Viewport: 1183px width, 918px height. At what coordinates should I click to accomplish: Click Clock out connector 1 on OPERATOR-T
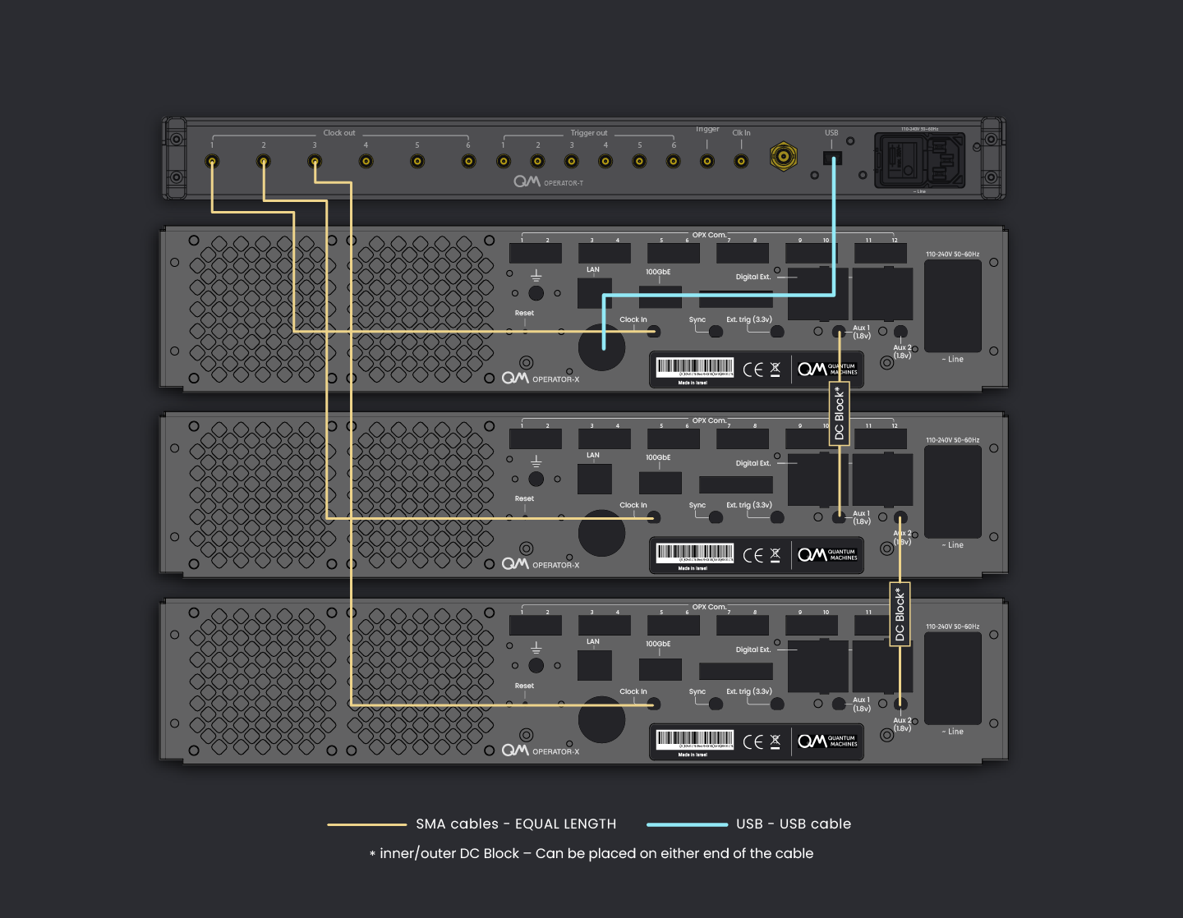click(212, 161)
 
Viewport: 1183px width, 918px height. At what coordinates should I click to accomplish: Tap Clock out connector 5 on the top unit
click(417, 161)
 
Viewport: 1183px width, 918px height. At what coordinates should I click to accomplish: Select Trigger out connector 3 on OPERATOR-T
click(572, 161)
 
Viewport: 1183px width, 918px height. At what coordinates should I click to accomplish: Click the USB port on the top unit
click(832, 158)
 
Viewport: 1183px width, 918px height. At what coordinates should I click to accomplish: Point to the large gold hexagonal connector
click(784, 155)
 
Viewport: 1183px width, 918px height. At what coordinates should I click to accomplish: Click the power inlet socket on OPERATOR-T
click(919, 159)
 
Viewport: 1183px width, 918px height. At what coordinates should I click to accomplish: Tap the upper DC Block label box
click(839, 414)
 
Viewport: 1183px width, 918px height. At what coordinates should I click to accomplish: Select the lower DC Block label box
click(900, 613)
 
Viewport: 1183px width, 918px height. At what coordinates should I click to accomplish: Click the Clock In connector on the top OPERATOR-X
click(654, 332)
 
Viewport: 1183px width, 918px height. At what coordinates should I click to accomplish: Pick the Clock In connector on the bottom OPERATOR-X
click(654, 705)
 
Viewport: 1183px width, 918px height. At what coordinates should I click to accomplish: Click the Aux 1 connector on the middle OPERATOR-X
click(839, 517)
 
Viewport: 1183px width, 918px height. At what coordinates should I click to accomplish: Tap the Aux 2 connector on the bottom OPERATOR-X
click(900, 704)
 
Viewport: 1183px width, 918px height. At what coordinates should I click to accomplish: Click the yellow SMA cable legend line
click(366, 824)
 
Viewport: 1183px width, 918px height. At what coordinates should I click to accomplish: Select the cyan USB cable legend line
click(687, 824)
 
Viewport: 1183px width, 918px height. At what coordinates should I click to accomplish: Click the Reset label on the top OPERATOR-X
click(524, 313)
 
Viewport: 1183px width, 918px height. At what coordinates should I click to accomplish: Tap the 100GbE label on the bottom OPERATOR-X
click(658, 644)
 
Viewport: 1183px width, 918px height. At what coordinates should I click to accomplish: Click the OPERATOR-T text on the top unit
click(564, 183)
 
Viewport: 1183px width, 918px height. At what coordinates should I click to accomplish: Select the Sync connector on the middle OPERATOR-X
click(716, 517)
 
